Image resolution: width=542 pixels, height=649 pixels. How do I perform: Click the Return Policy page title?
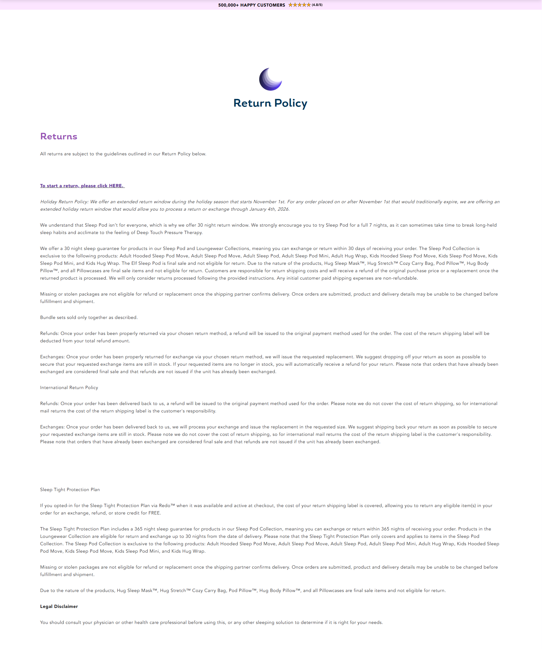coord(270,103)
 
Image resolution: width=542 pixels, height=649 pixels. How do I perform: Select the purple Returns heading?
coord(59,136)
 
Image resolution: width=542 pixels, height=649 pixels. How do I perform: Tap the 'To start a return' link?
coord(82,186)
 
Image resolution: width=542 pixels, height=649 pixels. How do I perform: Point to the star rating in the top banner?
coord(299,5)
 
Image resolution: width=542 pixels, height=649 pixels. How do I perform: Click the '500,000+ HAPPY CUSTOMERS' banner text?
coord(251,5)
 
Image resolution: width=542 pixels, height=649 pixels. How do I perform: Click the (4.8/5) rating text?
coord(317,5)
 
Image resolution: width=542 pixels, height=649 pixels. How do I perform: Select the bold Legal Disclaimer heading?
coord(59,606)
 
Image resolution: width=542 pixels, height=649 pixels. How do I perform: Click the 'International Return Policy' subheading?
coord(69,388)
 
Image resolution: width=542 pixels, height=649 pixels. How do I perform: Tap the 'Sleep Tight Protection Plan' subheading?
coord(70,490)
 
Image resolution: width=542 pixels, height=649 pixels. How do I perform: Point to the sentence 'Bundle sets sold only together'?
coord(89,318)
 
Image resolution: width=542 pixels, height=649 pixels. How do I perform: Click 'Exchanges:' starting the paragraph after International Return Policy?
coord(52,427)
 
